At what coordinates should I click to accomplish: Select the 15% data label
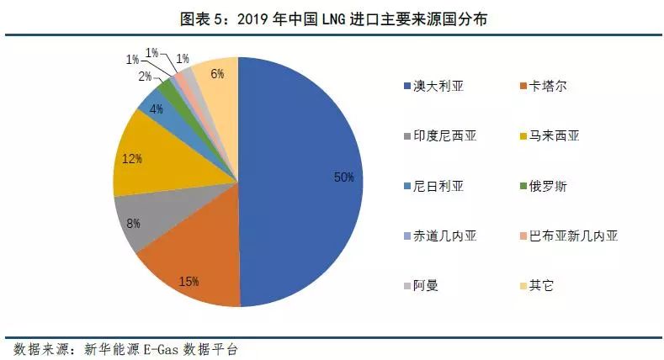188,280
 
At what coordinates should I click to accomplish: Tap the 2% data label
146,77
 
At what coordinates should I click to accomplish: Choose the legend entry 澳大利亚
438,87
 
